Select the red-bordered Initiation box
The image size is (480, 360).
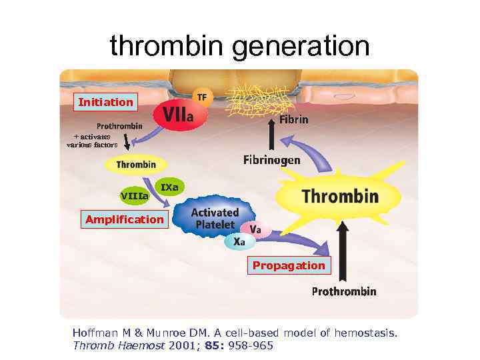point(105,102)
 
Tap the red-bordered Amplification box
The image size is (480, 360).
point(124,219)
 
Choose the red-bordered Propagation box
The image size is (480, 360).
point(289,265)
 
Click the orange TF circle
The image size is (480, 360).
point(201,97)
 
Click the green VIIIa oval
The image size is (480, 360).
point(134,195)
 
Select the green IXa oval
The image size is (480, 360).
point(170,187)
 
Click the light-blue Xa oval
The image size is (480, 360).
point(239,241)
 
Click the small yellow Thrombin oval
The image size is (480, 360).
point(136,164)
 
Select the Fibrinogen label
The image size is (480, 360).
point(271,160)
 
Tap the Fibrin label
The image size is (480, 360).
point(293,120)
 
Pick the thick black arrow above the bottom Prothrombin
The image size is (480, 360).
point(344,250)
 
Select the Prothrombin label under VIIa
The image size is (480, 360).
point(119,126)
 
